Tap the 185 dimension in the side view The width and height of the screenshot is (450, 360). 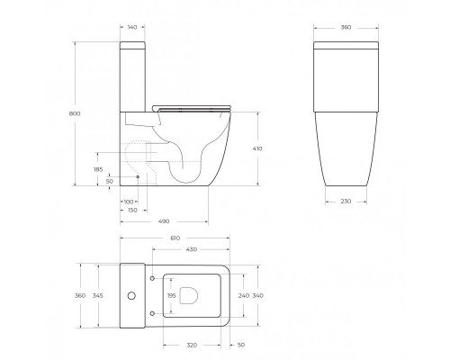(x=98, y=168)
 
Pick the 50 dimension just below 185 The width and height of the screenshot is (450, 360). (x=109, y=182)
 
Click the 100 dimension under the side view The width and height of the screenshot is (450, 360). (x=128, y=202)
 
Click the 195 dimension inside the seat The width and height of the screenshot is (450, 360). (x=172, y=295)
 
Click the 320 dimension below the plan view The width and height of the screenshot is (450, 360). (x=191, y=345)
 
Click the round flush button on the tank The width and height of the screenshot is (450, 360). (x=132, y=294)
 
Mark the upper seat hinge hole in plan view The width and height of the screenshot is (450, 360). (x=154, y=275)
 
